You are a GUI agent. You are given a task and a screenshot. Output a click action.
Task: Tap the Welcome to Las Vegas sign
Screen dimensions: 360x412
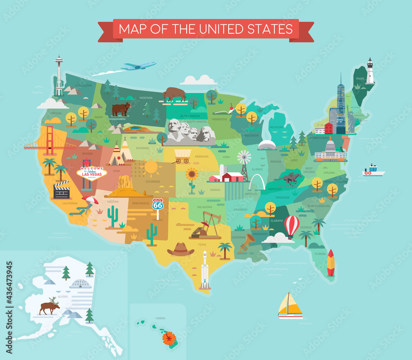coord(91,173)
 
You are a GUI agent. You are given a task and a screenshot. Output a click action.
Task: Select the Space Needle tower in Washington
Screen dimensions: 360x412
coord(59,76)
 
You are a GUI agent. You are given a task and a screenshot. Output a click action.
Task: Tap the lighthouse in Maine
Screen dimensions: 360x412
coord(370,71)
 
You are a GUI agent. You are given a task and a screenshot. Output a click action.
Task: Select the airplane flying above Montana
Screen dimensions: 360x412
coord(139,66)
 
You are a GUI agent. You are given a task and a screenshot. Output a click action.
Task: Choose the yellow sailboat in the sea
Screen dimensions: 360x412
coord(290,306)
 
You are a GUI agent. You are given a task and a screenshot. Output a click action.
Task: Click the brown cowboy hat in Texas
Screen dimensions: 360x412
coord(180,249)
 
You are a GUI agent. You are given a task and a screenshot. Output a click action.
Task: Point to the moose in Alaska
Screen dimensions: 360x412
coord(49,306)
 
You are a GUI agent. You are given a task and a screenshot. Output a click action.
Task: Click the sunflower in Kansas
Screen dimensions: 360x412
coord(192,175)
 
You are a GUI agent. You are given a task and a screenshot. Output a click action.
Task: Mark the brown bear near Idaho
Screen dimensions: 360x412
coord(122,109)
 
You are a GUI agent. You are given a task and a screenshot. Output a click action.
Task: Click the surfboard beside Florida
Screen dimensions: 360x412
coord(330,263)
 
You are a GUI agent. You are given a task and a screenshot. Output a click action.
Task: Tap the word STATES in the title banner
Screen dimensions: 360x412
coord(270,29)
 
